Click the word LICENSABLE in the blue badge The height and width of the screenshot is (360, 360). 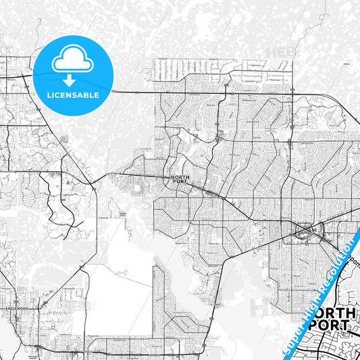[73, 95]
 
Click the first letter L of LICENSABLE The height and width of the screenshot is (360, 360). [48, 95]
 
